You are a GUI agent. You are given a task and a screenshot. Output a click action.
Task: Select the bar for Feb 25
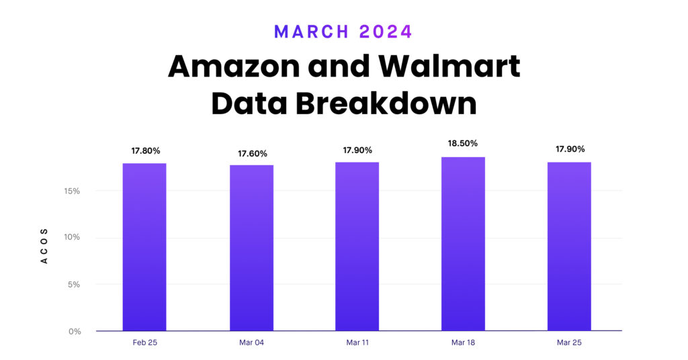tap(144, 246)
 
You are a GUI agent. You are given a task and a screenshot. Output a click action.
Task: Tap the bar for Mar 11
tap(357, 246)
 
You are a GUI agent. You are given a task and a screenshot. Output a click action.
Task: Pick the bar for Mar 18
tap(463, 244)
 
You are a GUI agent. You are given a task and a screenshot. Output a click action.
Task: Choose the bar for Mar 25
tap(569, 246)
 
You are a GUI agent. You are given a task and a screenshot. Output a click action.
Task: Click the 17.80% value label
tap(146, 151)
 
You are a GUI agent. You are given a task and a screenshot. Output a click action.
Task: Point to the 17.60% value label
tap(252, 153)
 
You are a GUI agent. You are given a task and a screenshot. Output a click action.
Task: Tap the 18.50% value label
tap(463, 144)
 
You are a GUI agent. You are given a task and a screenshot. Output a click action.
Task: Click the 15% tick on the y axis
tap(72, 191)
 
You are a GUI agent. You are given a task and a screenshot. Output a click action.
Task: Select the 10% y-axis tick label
tap(72, 238)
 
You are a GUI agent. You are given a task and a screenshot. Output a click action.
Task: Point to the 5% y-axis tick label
tap(73, 284)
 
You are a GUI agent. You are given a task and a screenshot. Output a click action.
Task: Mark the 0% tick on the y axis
tap(74, 331)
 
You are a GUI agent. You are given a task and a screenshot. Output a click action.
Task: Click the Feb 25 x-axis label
tap(144, 343)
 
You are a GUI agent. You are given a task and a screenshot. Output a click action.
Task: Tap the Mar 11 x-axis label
tap(357, 343)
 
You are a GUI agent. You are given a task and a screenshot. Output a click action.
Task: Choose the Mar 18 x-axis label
tap(463, 343)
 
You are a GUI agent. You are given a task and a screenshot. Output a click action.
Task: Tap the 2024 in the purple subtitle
tap(385, 32)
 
